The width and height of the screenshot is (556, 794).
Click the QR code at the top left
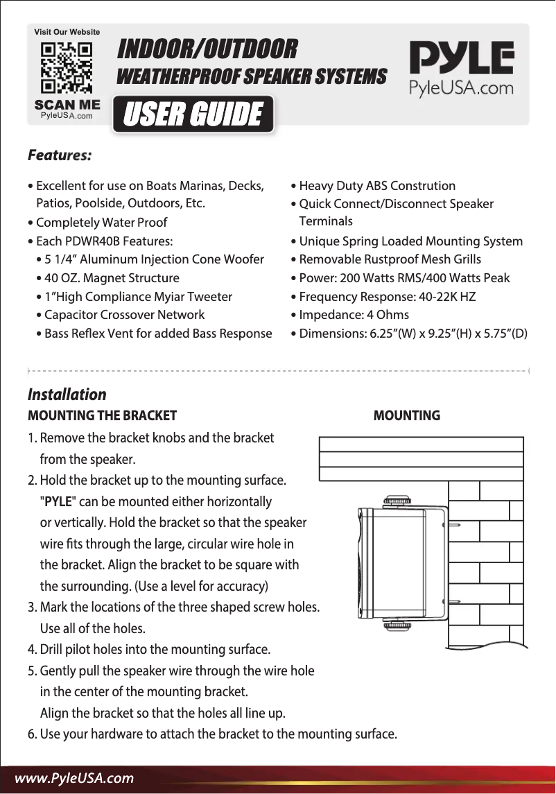click(67, 69)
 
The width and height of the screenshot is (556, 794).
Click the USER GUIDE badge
click(193, 114)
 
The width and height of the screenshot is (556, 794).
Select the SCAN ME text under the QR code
click(67, 105)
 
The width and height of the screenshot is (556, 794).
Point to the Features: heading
click(60, 155)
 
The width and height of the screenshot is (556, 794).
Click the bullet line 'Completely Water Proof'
click(101, 223)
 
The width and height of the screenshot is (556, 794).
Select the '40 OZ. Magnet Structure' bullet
click(111, 278)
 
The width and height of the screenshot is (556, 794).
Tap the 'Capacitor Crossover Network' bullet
click(124, 315)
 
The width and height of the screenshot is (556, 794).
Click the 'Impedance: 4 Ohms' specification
click(354, 315)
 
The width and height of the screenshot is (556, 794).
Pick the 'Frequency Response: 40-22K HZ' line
click(387, 297)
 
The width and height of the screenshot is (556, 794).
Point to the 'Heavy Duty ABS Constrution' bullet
click(377, 186)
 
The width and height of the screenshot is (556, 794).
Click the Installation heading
click(67, 395)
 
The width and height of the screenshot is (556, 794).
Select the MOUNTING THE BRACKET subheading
click(102, 416)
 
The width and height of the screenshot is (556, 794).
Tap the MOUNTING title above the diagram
click(406, 416)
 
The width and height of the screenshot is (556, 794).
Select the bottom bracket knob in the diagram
click(397, 625)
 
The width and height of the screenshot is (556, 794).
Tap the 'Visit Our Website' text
click(67, 32)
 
